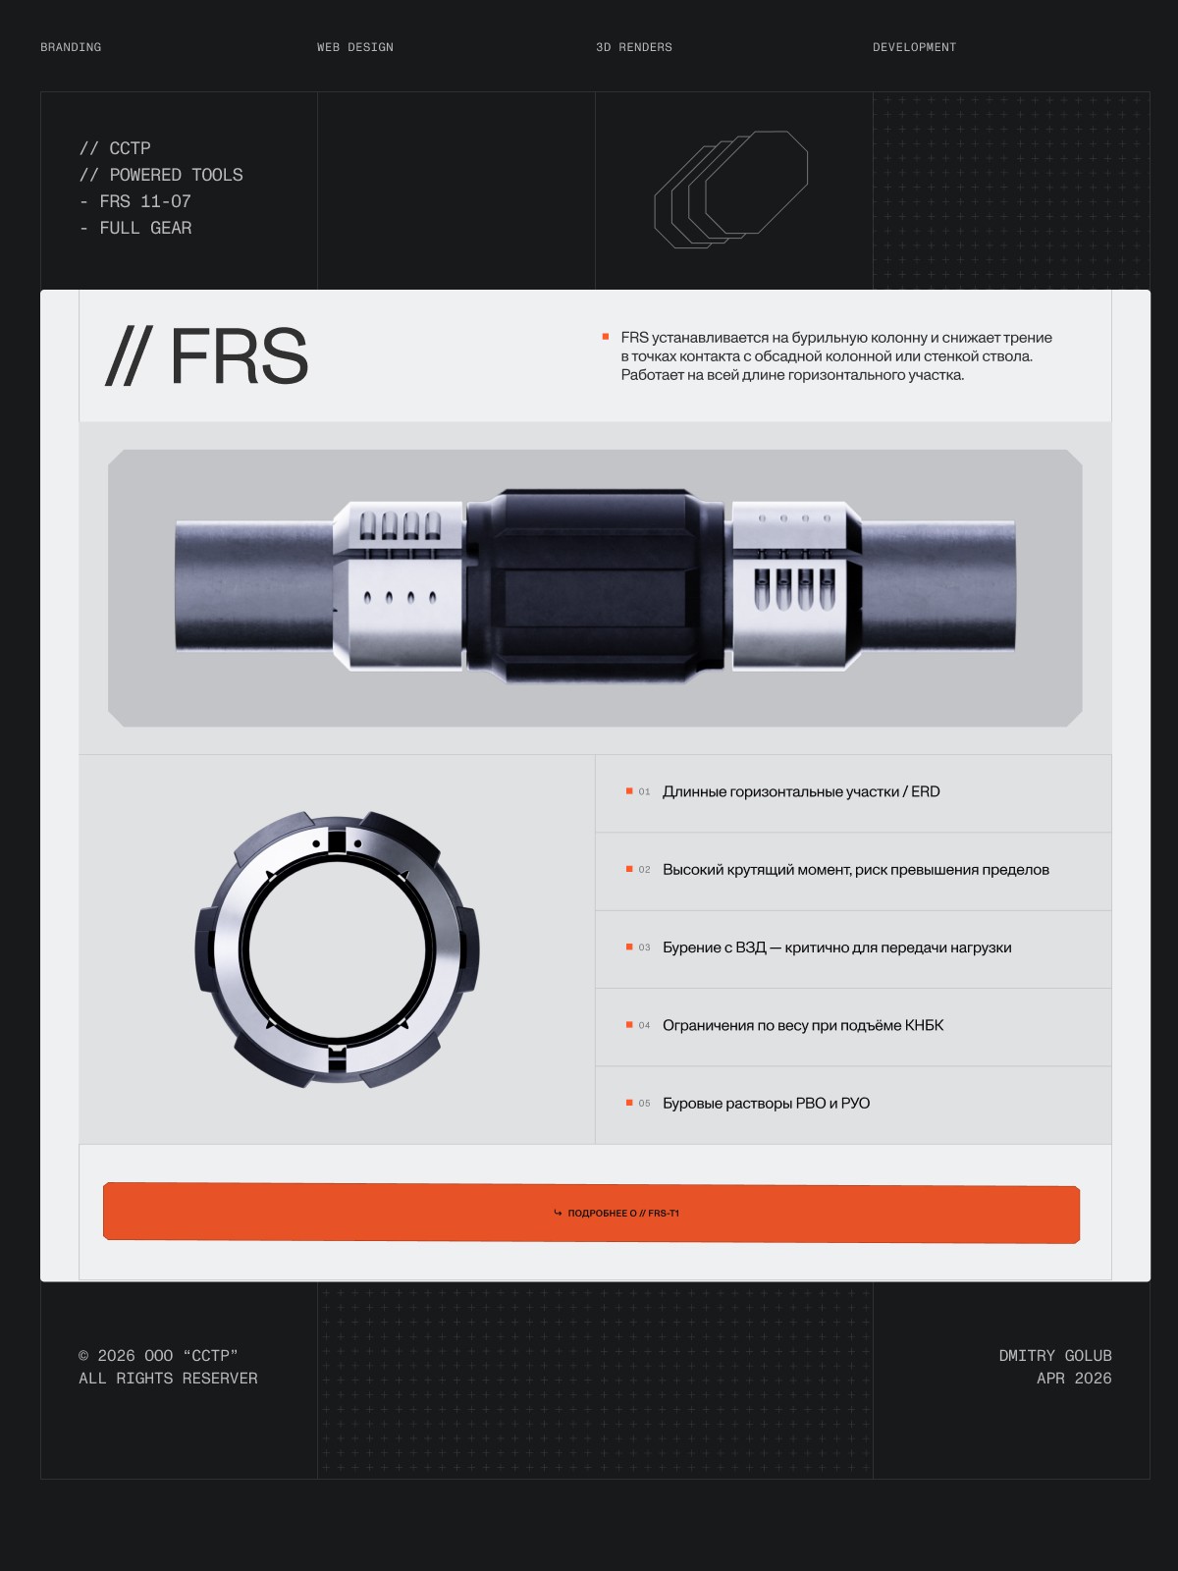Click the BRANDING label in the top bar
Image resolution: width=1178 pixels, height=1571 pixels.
(71, 47)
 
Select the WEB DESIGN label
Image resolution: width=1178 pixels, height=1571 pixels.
(354, 47)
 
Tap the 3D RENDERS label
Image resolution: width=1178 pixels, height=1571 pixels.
(634, 47)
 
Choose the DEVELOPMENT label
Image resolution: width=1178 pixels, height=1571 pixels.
(914, 47)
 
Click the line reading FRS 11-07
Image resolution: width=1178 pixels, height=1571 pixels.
(135, 202)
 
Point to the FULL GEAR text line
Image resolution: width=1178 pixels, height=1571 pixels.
(135, 229)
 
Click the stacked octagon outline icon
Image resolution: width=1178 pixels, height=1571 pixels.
(731, 189)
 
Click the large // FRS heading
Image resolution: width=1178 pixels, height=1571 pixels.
(207, 355)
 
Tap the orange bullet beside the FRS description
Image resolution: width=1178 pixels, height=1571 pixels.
(606, 337)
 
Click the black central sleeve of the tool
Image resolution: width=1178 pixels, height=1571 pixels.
(595, 585)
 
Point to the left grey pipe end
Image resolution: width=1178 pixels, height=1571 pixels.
(254, 585)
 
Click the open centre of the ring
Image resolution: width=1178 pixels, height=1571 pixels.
(337, 950)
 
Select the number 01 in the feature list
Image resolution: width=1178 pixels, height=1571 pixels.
(644, 791)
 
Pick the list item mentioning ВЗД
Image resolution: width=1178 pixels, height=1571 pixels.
(836, 948)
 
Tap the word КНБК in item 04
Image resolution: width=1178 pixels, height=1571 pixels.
(924, 1026)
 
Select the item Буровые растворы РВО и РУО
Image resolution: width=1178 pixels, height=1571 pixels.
(766, 1104)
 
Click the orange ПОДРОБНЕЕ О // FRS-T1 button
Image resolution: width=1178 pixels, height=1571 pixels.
(592, 1214)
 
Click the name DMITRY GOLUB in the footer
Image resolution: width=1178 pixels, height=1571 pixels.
(1055, 1356)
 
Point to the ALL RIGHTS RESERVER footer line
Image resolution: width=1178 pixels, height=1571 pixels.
(168, 1379)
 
